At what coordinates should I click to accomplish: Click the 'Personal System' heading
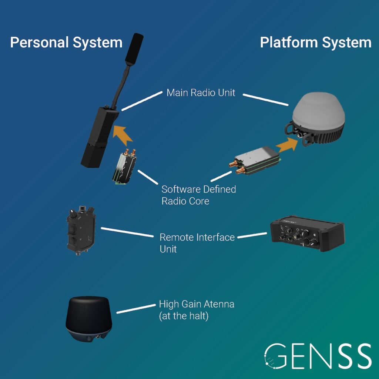point(66,43)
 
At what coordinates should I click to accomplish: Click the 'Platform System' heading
point(316,43)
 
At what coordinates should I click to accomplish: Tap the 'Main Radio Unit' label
point(201,93)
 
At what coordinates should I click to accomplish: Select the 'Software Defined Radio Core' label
point(199,195)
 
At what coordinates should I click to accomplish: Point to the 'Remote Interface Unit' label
point(197,243)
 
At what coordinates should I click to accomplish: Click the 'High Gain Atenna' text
point(197,304)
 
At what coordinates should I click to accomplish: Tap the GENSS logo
point(318,356)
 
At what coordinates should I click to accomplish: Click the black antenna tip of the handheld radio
point(134,50)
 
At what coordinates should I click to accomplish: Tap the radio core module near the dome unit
point(255,160)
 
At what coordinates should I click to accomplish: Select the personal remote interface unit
point(81,231)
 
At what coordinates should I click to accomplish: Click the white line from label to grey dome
point(266,100)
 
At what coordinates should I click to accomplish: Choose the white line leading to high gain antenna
point(136,309)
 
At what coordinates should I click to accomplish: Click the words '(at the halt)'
point(184,316)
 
